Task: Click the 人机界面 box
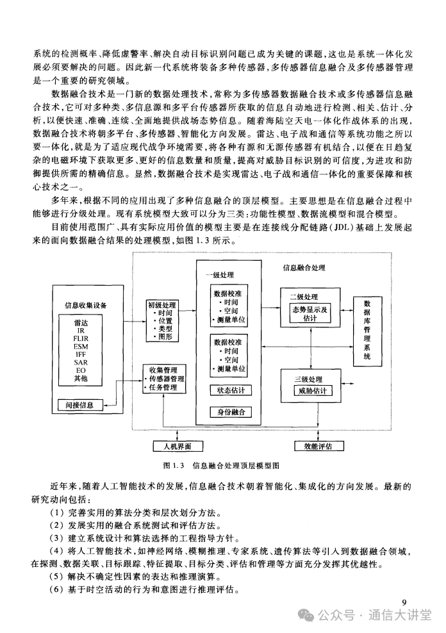[178, 446]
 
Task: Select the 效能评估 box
[318, 446]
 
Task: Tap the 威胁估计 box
[313, 390]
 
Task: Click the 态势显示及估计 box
[310, 314]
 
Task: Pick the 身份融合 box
[231, 412]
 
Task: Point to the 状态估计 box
[231, 390]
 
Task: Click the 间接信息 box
[79, 405]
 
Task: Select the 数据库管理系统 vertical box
[367, 331]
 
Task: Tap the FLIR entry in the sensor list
[81, 339]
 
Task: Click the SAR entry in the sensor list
[81, 363]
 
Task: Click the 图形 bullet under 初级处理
[164, 337]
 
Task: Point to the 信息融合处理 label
[304, 268]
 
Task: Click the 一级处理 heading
[220, 275]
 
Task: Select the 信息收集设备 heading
[86, 305]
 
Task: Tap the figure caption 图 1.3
[174, 466]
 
